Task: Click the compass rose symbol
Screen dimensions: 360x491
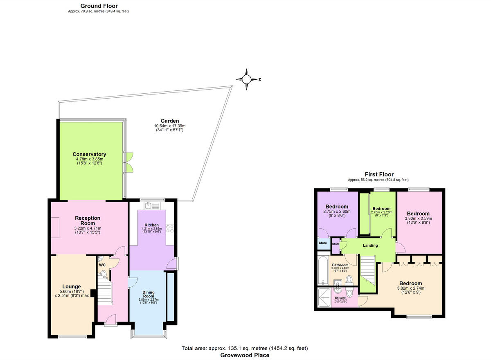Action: pyautogui.click(x=247, y=80)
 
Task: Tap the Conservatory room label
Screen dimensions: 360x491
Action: pyautogui.click(x=89, y=154)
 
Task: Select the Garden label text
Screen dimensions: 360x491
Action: pyautogui.click(x=169, y=121)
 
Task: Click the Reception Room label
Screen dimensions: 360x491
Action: pyautogui.click(x=88, y=220)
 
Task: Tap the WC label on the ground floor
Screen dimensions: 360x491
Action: pyautogui.click(x=102, y=265)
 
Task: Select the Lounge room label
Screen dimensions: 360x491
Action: pyautogui.click(x=71, y=286)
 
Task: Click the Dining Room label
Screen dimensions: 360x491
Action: pyautogui.click(x=148, y=294)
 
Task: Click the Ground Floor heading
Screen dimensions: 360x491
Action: pyautogui.click(x=99, y=6)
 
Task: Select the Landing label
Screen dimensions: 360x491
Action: pyautogui.click(x=370, y=245)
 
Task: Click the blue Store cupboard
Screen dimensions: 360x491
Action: pyautogui.click(x=323, y=243)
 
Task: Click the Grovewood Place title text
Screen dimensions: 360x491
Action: pyautogui.click(x=245, y=355)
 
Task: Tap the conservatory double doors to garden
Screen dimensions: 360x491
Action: pyautogui.click(x=129, y=162)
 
